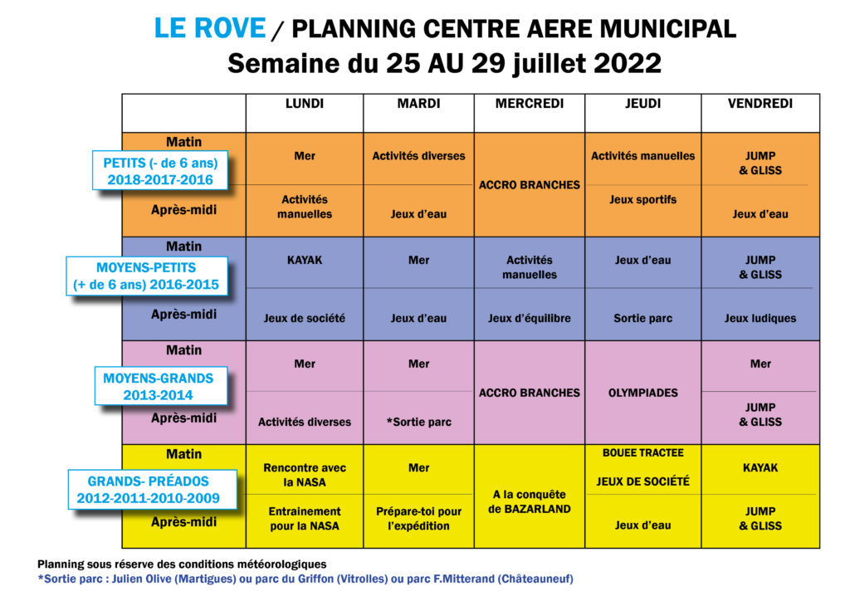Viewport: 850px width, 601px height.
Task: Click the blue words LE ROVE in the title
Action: pos(210,28)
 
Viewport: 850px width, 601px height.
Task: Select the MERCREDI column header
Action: pos(529,104)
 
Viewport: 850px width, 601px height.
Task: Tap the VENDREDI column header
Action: pos(760,104)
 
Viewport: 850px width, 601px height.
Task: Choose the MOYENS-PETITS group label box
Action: pos(147,276)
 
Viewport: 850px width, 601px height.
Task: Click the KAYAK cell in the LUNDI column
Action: pos(304,260)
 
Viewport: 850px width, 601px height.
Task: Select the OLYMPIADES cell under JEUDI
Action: pos(642,393)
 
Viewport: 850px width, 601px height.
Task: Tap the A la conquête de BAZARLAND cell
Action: pos(529,501)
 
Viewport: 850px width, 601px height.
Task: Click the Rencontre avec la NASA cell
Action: pos(304,474)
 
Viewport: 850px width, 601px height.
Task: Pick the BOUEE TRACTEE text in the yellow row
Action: pos(642,453)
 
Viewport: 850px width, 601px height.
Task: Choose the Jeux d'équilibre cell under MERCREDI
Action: pos(529,318)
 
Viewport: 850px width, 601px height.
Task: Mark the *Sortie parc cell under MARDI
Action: pos(418,422)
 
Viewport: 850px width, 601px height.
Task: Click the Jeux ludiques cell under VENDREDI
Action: pos(760,318)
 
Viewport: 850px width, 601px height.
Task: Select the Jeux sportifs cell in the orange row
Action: pos(642,199)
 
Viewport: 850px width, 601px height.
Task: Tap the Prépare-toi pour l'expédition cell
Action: pos(418,518)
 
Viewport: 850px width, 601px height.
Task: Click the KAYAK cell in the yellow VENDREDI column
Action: pos(760,467)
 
